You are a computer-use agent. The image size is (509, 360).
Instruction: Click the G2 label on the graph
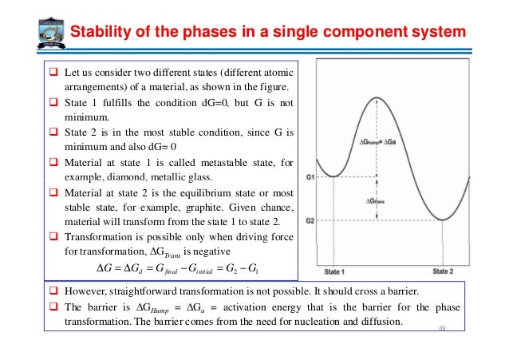314,220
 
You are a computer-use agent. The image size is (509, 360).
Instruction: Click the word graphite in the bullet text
206,207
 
